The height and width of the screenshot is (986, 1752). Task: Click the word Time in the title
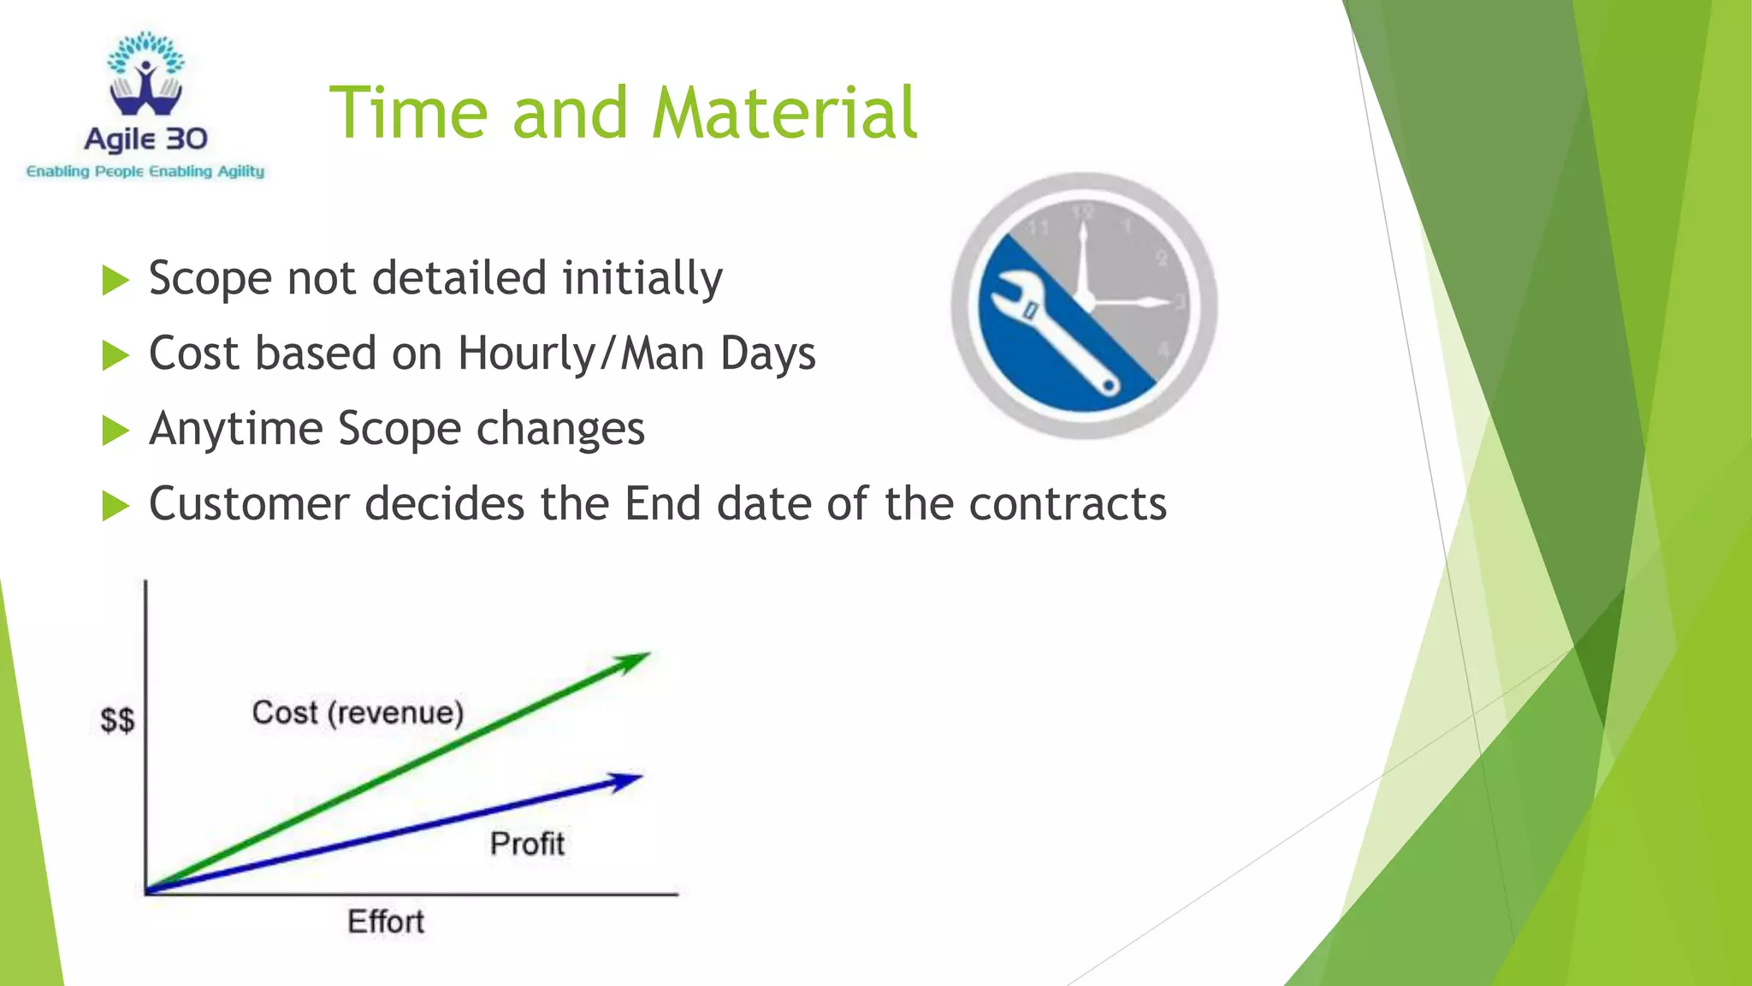pyautogui.click(x=409, y=113)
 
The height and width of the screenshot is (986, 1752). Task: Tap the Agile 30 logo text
pyautogui.click(x=145, y=139)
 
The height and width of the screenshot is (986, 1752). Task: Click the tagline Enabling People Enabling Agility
pyautogui.click(x=145, y=171)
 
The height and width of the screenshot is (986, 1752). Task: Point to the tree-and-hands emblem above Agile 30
pyautogui.click(x=145, y=75)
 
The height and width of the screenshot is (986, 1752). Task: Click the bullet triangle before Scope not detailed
pyautogui.click(x=115, y=280)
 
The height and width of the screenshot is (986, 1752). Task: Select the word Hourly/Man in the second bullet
pyautogui.click(x=537, y=353)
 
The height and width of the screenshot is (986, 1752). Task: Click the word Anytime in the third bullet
pyautogui.click(x=235, y=429)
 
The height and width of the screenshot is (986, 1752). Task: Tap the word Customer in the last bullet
pyautogui.click(x=249, y=503)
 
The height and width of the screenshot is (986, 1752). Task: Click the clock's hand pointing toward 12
pyautogui.click(x=1083, y=257)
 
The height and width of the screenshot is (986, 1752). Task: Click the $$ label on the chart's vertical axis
pyautogui.click(x=117, y=720)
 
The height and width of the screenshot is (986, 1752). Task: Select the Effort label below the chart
pyautogui.click(x=385, y=922)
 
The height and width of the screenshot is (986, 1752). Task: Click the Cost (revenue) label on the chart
pyautogui.click(x=358, y=712)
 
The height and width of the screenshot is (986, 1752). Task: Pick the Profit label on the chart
pyautogui.click(x=527, y=844)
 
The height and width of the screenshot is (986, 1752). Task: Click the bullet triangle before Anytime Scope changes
pyautogui.click(x=115, y=430)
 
